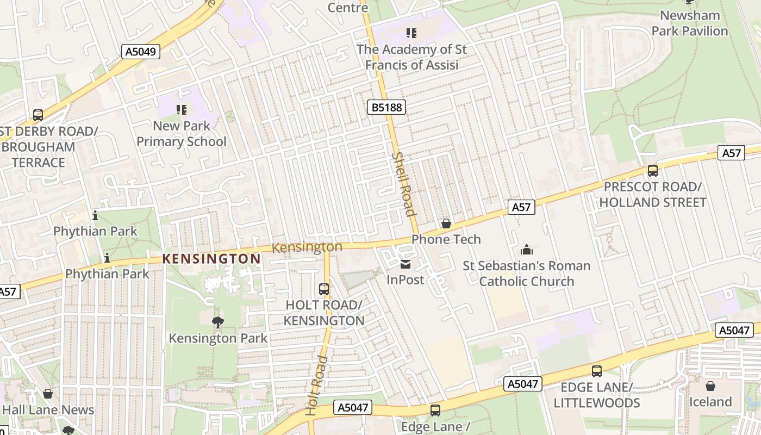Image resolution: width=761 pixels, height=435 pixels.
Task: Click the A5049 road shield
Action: pyautogui.click(x=140, y=52)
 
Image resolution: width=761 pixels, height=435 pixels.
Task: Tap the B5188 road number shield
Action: pyautogui.click(x=387, y=107)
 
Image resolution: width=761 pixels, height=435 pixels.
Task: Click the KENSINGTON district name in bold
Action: pyautogui.click(x=212, y=259)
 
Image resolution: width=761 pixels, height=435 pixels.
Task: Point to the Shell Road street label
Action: pyautogui.click(x=403, y=184)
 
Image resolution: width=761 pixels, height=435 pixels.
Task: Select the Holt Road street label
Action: pyautogui.click(x=316, y=386)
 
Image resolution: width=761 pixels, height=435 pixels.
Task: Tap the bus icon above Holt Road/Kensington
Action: pyautogui.click(x=324, y=289)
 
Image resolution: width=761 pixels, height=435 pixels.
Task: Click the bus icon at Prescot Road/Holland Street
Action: pyautogui.click(x=653, y=171)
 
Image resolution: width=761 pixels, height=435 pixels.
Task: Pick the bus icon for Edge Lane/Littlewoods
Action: pyautogui.click(x=597, y=371)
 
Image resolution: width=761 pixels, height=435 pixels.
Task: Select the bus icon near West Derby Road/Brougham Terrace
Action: pyautogui.click(x=38, y=115)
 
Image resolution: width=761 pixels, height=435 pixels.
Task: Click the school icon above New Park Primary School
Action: pyautogui.click(x=182, y=110)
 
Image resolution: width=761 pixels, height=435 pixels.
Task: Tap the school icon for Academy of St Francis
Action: pyautogui.click(x=411, y=33)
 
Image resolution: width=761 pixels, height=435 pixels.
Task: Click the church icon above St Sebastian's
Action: pyautogui.click(x=526, y=250)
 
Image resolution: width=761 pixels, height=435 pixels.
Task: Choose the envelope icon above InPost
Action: pyautogui.click(x=406, y=264)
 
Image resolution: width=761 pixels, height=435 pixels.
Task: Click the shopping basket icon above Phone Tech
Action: pyautogui.click(x=446, y=223)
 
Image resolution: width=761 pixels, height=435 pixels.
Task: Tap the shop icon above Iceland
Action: pyautogui.click(x=710, y=386)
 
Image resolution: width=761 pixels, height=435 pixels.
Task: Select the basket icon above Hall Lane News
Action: pyautogui.click(x=48, y=394)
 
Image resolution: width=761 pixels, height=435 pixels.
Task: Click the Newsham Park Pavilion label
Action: pyautogui.click(x=690, y=23)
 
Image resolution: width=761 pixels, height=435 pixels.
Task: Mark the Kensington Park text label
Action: pyautogui.click(x=218, y=338)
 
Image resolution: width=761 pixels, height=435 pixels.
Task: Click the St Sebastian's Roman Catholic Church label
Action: pyautogui.click(x=526, y=274)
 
